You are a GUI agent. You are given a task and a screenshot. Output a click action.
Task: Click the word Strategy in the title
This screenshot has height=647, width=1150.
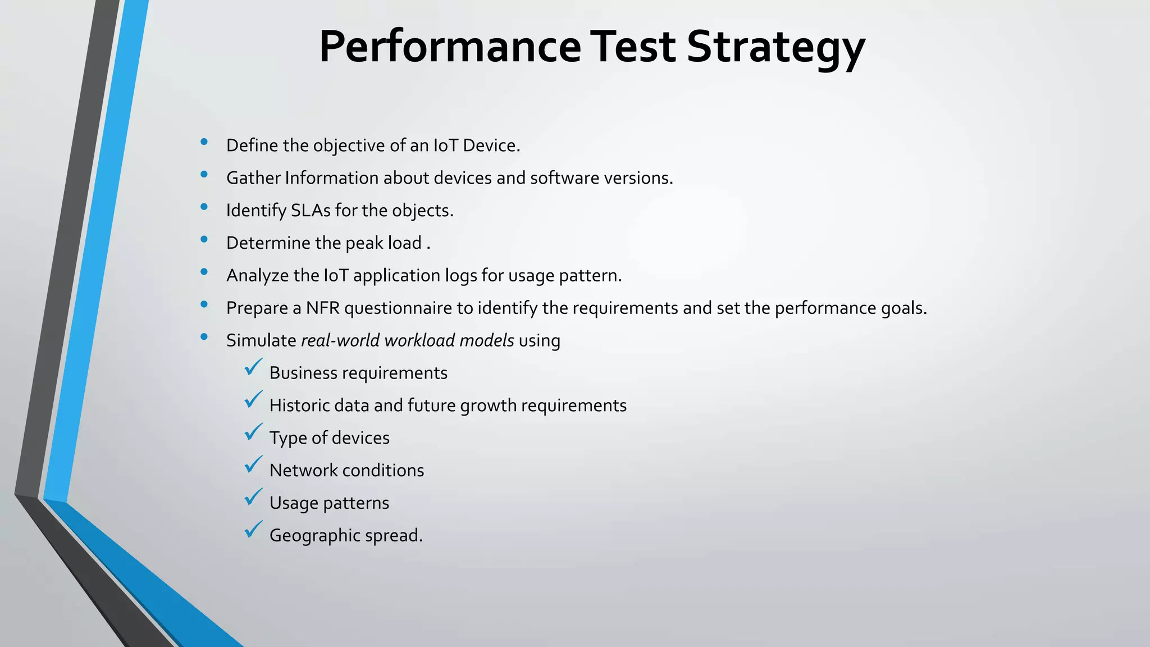[775, 47]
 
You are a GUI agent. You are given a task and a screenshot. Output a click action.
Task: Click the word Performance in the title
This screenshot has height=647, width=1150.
[450, 47]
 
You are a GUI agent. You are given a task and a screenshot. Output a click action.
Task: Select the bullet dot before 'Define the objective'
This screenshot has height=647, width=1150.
[204, 142]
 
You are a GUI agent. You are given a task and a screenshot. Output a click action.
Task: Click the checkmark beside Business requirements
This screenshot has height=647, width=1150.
[253, 368]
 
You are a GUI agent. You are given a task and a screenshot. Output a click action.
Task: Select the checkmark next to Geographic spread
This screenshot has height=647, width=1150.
[253, 530]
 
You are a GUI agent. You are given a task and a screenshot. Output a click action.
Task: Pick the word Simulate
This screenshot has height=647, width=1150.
[261, 340]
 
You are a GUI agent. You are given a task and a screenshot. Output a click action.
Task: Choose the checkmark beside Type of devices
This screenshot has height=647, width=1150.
[253, 432]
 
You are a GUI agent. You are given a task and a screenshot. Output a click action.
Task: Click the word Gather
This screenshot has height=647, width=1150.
[253, 178]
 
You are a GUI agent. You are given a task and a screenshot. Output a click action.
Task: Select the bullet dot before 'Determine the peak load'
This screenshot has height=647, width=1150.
[204, 240]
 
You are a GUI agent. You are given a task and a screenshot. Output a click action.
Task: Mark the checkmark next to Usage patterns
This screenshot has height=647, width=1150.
[253, 498]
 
